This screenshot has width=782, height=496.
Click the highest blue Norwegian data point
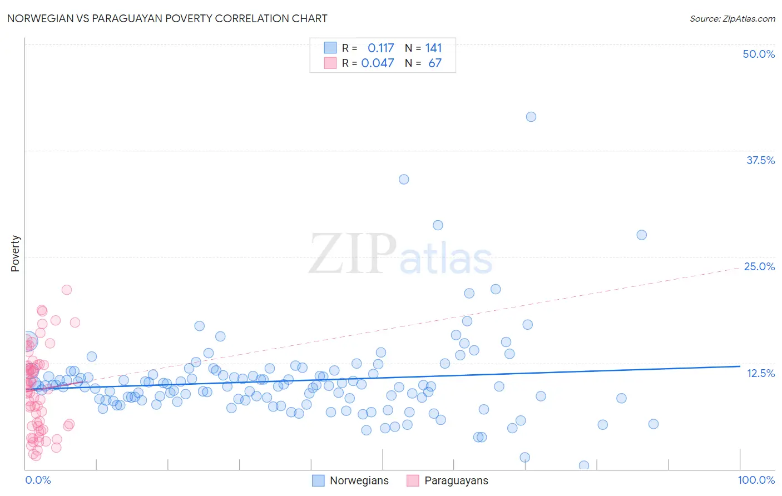point(531,117)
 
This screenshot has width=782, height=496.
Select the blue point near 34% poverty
point(404,179)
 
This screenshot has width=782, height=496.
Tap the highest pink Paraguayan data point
point(67,290)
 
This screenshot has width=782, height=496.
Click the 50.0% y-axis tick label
point(759,54)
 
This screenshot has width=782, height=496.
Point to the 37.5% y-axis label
point(760,160)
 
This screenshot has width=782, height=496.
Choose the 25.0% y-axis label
point(759,266)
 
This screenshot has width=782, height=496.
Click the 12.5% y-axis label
point(760,373)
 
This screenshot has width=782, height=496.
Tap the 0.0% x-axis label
point(38,480)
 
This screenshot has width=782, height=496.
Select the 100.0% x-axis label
point(756,480)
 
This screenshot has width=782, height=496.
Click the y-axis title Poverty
point(15,254)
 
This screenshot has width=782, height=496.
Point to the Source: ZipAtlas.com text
point(732,18)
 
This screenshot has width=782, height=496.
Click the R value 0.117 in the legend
point(380,48)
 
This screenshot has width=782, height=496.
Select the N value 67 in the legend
point(435,63)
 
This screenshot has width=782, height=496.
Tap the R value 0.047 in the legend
point(378,63)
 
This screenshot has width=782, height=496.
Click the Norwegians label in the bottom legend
point(359,480)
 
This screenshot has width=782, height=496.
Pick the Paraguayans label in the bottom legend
point(456,480)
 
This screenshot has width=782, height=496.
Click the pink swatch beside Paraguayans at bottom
point(413,480)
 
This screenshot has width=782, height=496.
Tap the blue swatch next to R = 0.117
point(330,48)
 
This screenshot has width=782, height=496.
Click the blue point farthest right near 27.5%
point(641,235)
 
